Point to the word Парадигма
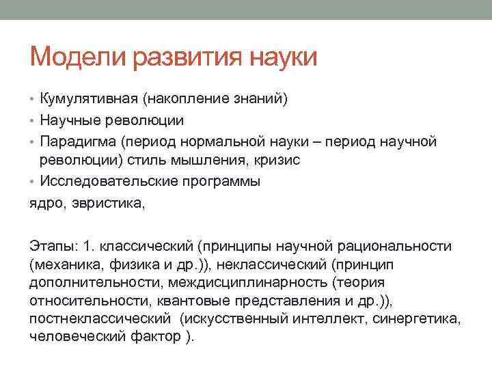pos(78,141)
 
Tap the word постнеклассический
pos(100,318)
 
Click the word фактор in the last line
pos(157,336)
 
